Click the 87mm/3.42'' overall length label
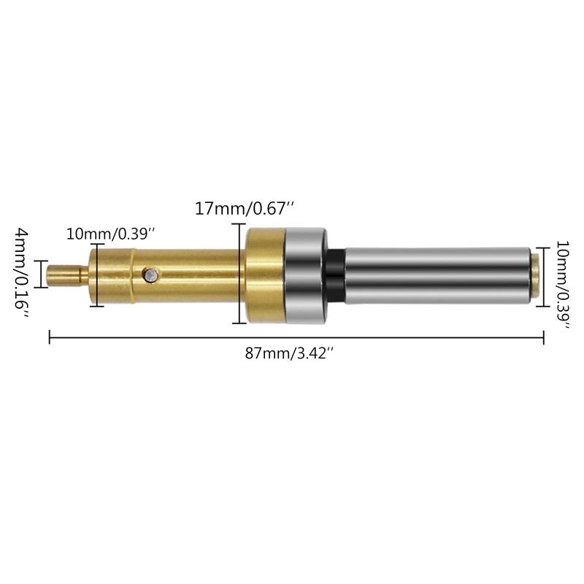pos(289,353)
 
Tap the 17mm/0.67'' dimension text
pos(244,209)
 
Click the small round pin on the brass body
pos(150,274)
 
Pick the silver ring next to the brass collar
pos(305,275)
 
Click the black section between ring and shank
pos(336,275)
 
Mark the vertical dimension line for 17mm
pos(239,274)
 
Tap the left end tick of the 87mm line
pos(49,337)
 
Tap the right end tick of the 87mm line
pos(544,337)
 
